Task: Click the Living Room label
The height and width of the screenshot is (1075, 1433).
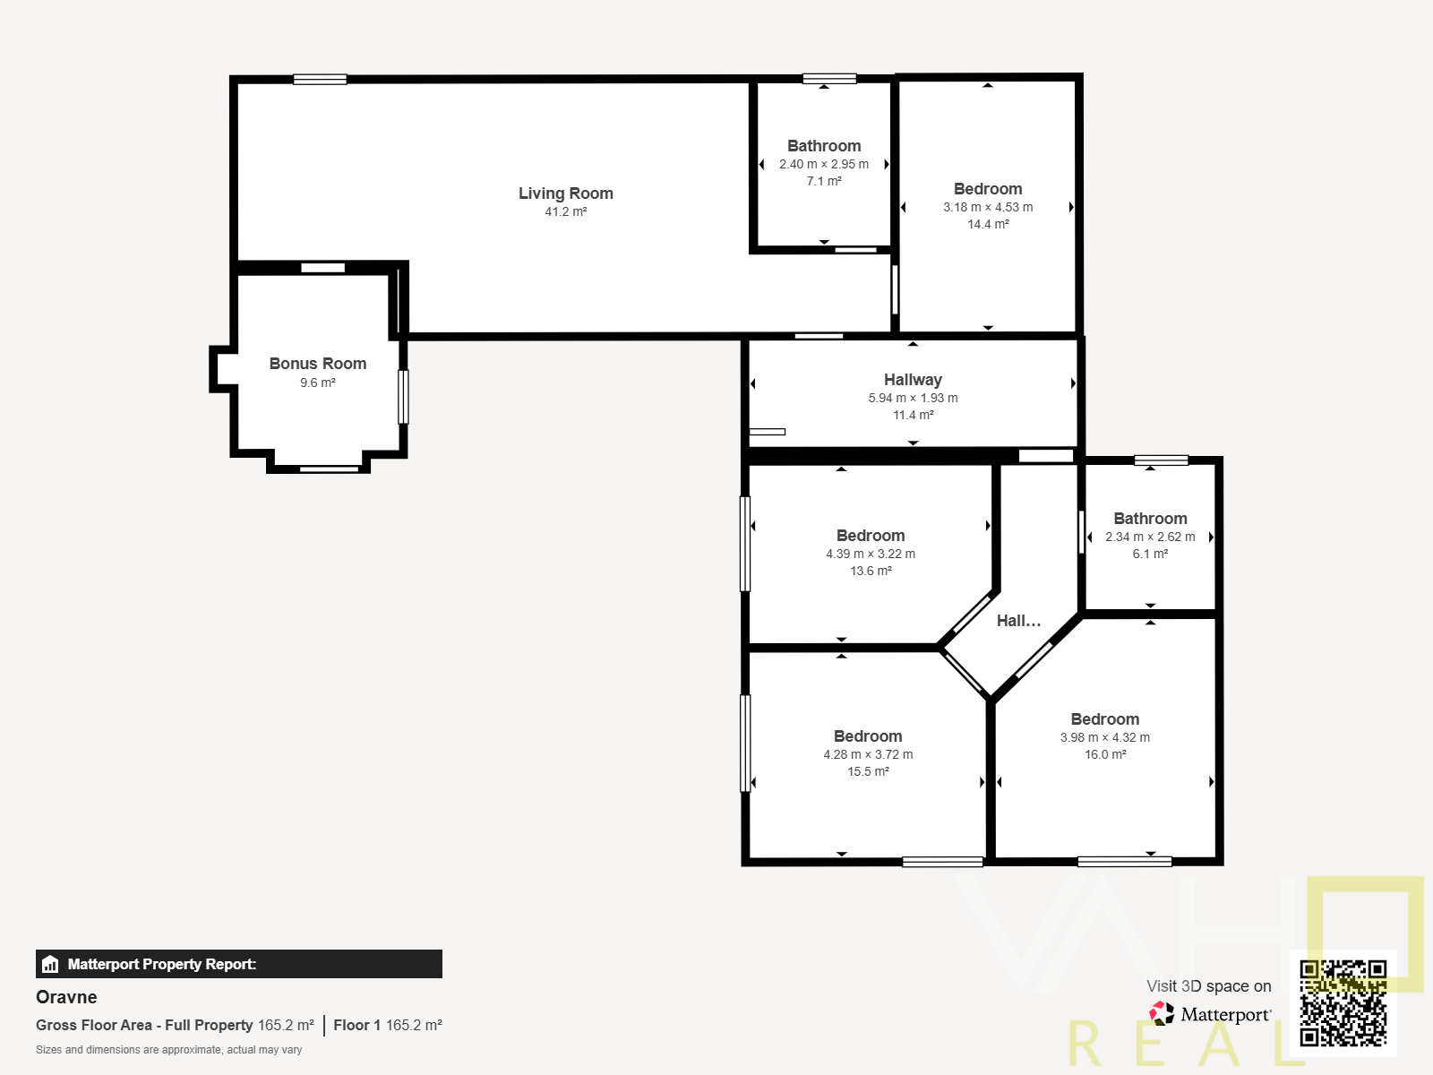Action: [x=565, y=193]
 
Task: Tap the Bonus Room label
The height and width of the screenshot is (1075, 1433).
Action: [x=318, y=364]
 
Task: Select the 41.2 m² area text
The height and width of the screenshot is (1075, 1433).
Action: [x=565, y=211]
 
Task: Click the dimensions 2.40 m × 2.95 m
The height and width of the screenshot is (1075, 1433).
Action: [x=823, y=164]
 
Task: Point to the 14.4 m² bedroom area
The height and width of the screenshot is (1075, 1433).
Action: [x=988, y=224]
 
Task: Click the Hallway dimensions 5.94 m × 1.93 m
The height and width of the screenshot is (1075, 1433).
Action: [x=913, y=398]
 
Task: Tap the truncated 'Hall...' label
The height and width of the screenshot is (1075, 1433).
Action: [x=1018, y=621]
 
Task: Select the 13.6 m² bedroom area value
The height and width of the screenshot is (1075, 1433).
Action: [x=871, y=571]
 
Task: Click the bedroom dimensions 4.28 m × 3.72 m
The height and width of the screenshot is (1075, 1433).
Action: [x=868, y=754]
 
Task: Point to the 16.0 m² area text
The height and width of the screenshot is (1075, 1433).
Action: [x=1104, y=754]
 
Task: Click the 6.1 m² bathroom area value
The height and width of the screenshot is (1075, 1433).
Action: [x=1150, y=554]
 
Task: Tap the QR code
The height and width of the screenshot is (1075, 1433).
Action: [x=1343, y=1003]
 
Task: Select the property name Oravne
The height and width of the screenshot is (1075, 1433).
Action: [x=66, y=997]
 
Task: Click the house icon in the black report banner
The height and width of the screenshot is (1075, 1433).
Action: [x=50, y=964]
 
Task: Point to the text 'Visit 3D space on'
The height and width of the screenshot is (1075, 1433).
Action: [x=1208, y=986]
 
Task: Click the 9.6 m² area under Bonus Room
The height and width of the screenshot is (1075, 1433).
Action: [x=317, y=383]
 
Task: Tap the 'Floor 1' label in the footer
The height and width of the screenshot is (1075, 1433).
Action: [x=356, y=1025]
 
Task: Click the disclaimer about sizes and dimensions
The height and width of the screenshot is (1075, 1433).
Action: [x=168, y=1050]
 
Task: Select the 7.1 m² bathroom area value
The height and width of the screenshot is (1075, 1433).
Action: [x=823, y=181]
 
